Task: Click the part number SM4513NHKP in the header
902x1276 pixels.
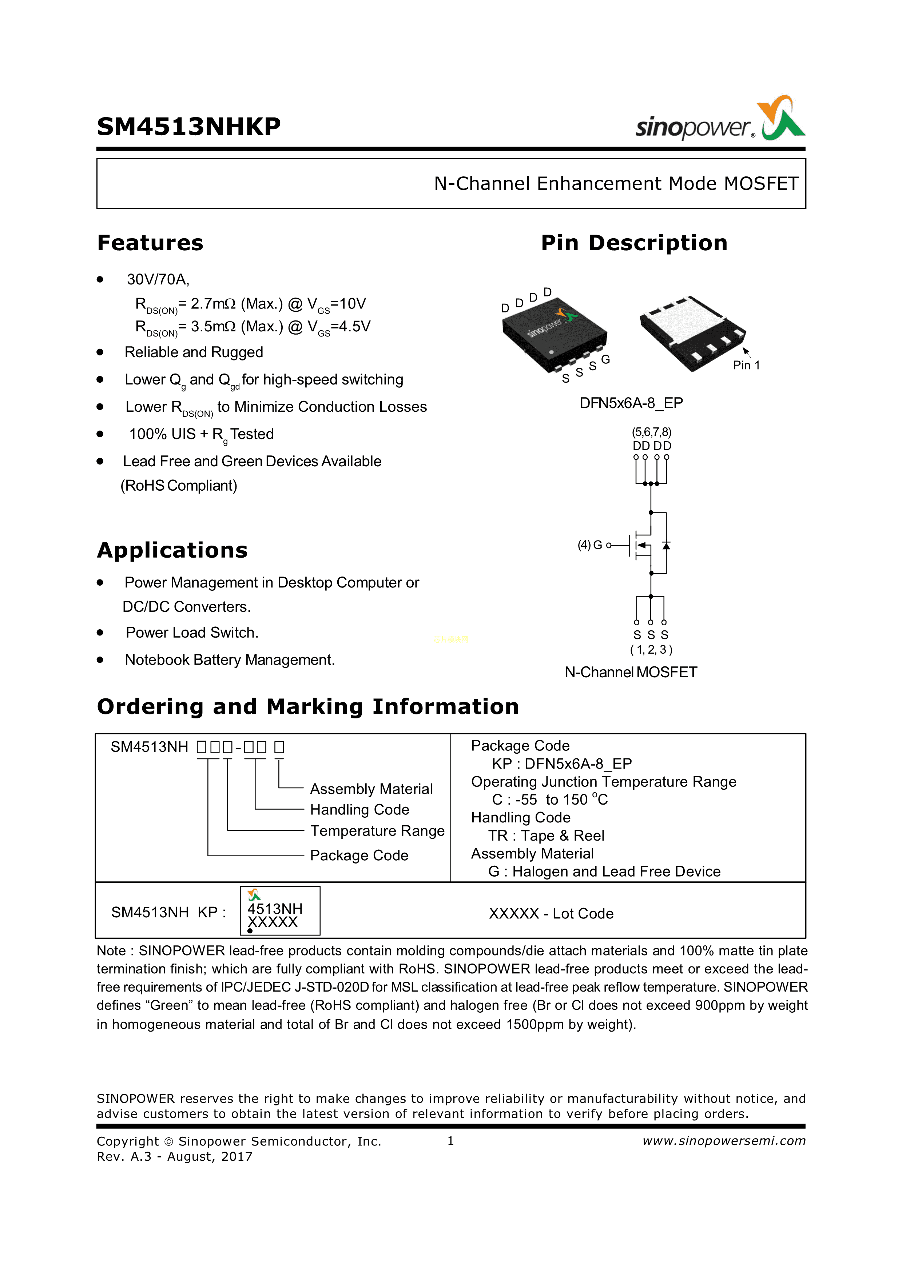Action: click(188, 127)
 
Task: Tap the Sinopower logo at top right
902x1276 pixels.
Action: click(720, 119)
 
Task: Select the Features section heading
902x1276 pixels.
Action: click(150, 243)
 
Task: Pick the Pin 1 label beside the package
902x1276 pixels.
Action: click(746, 365)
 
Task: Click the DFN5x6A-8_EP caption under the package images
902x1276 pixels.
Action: click(631, 403)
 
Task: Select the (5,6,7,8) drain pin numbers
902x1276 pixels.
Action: click(651, 432)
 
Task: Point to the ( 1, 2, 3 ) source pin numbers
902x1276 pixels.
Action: click(651, 649)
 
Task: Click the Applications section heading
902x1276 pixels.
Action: click(172, 550)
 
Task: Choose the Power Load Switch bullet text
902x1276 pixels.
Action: click(192, 633)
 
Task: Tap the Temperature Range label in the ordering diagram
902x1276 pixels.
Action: click(377, 830)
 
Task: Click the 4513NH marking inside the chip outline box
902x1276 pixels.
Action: click(275, 908)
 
